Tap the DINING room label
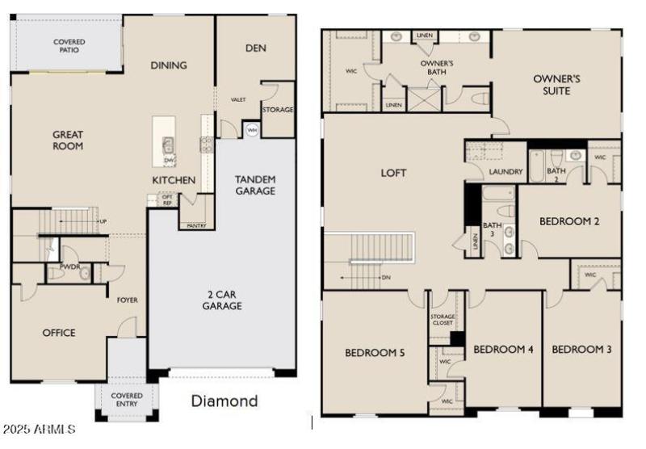[x=169, y=65]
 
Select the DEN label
[x=255, y=48]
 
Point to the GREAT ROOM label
[x=68, y=140]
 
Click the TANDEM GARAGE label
[x=254, y=185]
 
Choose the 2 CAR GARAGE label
[x=221, y=300]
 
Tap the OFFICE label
[x=59, y=333]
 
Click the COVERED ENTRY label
[x=127, y=401]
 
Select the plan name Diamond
[x=224, y=401]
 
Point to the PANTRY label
[x=196, y=226]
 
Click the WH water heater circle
[x=252, y=129]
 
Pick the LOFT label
[x=394, y=173]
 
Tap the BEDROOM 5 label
[x=375, y=352]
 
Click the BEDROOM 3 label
[x=581, y=350]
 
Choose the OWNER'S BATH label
[x=437, y=68]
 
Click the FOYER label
[x=127, y=300]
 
